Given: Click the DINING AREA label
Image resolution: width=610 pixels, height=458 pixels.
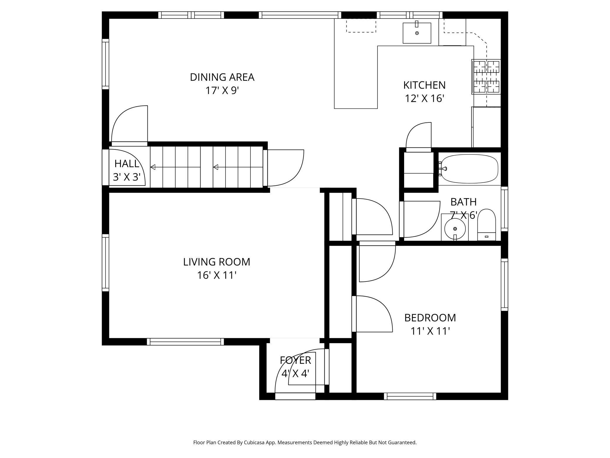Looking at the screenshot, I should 222,77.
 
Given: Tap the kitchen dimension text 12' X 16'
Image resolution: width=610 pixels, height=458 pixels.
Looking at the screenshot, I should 424,99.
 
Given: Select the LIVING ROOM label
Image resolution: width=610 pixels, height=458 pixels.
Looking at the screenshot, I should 216,262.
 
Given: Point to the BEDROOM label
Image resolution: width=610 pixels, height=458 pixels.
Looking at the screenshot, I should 430,318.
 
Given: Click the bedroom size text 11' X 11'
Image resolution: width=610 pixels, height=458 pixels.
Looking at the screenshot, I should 430,331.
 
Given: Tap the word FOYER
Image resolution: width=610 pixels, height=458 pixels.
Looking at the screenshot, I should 295,360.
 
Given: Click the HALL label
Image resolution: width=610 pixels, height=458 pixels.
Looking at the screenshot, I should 127,164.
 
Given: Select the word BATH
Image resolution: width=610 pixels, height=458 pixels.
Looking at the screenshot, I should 463,202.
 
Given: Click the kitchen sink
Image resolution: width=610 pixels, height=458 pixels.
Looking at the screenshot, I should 417,33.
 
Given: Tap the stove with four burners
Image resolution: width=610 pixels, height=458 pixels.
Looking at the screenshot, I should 486,77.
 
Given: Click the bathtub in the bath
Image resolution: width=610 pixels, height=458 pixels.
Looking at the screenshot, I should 470,169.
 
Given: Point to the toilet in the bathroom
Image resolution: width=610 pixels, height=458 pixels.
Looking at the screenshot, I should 487,225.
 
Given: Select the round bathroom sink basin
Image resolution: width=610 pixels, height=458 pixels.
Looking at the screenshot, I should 455,229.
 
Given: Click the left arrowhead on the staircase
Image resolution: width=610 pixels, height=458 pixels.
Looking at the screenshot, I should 153,167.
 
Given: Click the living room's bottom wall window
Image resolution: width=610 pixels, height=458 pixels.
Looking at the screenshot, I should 185,341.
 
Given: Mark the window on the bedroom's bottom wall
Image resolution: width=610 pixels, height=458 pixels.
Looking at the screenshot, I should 410,396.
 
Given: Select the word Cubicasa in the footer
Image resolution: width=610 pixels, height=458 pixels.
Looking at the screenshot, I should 255,442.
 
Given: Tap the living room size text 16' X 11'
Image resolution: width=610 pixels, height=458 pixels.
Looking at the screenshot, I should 216,275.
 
